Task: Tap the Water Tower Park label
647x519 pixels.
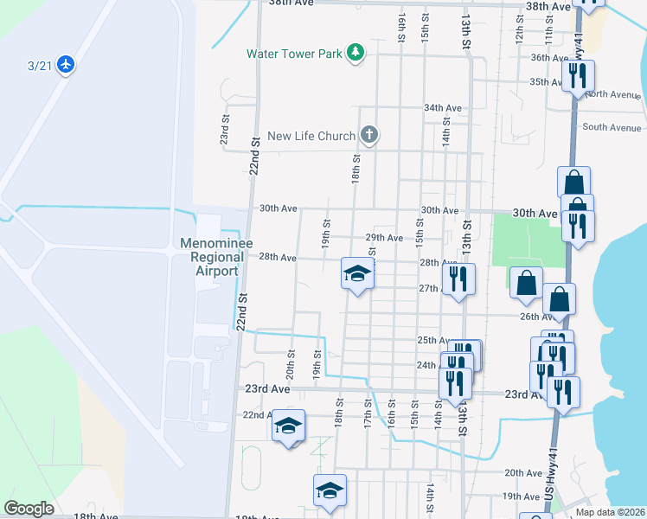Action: coord(294,53)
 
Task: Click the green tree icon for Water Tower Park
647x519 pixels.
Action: coord(355,54)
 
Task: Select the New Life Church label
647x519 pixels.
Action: coord(311,136)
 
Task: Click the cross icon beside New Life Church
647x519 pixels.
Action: coord(368,135)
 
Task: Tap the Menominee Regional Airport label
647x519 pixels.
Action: coord(216,257)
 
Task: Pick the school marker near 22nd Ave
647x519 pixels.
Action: coord(288,426)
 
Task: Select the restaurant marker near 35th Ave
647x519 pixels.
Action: coord(577,75)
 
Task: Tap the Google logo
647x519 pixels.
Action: coord(29,509)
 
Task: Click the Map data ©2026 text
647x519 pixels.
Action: coord(610,512)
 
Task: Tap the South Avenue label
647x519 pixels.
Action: coord(612,127)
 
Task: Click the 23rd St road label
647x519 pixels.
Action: coord(224,131)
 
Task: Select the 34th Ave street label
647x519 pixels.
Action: coord(443,108)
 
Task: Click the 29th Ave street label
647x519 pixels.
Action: coord(384,238)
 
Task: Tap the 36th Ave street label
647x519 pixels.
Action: coord(549,58)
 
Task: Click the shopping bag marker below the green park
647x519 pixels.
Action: coord(526,282)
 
